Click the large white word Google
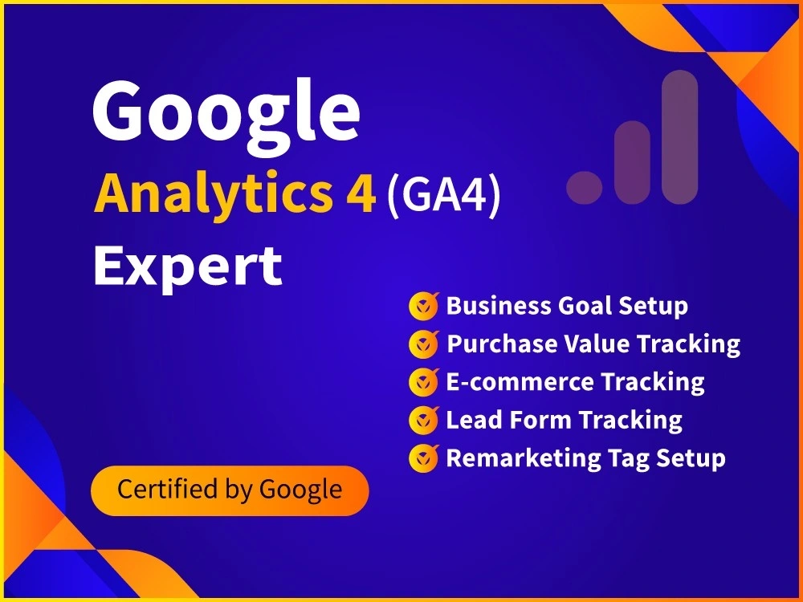(x=226, y=112)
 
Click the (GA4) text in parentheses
(x=443, y=195)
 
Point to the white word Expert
(x=188, y=266)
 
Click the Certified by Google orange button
(x=230, y=490)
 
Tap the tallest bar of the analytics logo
(x=680, y=136)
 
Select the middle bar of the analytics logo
(x=632, y=162)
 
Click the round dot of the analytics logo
(x=584, y=187)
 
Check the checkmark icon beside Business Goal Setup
(x=423, y=306)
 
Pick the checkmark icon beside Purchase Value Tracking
(x=423, y=344)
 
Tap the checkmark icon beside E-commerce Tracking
(x=423, y=382)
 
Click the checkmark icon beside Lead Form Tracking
(x=423, y=420)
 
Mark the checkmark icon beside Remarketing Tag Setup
(x=423, y=458)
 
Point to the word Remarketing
(x=513, y=458)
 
